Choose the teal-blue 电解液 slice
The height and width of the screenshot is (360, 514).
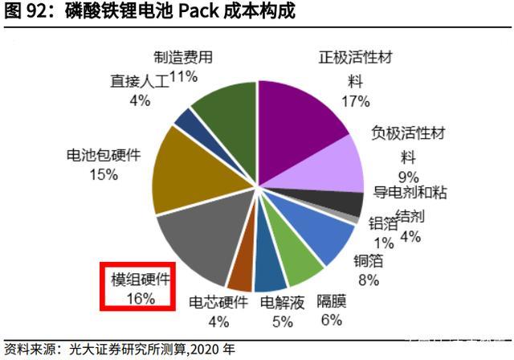[269, 273]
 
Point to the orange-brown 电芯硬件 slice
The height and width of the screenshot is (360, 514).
[241, 273]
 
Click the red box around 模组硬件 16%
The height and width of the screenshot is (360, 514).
[138, 285]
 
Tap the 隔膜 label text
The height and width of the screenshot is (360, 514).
[330, 302]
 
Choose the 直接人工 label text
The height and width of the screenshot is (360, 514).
[140, 81]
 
